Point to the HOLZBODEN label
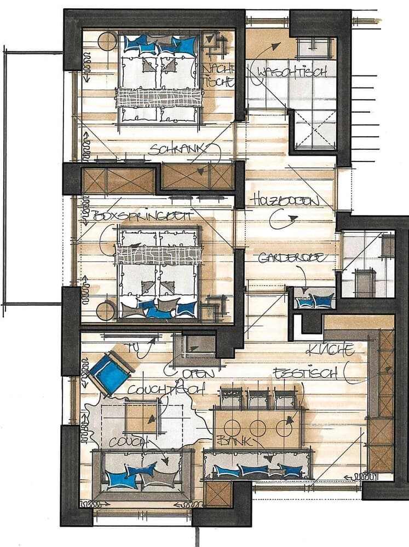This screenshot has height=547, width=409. pyautogui.click(x=285, y=201)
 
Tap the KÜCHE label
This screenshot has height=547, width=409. pyautogui.click(x=330, y=350)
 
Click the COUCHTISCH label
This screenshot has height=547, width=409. pyautogui.click(x=166, y=389)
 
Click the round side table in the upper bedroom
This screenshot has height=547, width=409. pyautogui.click(x=107, y=42)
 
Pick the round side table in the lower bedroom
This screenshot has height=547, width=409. pyautogui.click(x=106, y=310)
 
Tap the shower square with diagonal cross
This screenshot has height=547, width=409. pyautogui.click(x=316, y=130)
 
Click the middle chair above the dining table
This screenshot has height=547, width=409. pyautogui.click(x=257, y=399)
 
